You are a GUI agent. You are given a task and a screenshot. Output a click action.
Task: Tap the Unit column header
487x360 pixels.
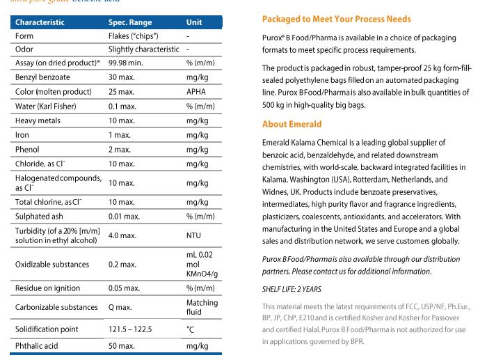pyautogui.click(x=194, y=22)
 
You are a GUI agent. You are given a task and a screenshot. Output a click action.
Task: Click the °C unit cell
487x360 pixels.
pyautogui.click(x=191, y=327)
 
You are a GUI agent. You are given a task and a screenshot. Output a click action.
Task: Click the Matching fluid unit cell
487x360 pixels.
pyautogui.click(x=202, y=308)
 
